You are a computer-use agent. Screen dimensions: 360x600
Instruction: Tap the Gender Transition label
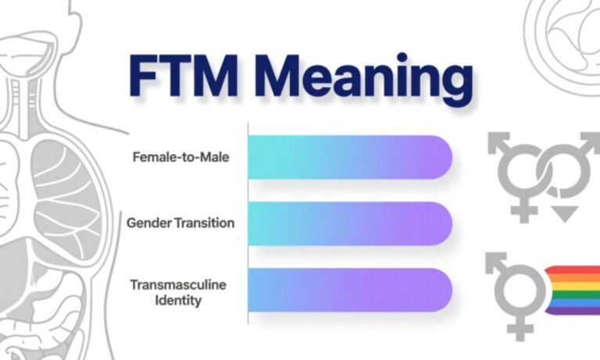coord(180,223)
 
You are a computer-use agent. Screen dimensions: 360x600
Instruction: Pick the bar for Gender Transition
coord(350,223)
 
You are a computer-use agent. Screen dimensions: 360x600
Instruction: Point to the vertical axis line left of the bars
coord(248,226)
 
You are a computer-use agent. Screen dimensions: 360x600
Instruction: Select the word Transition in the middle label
coord(205,223)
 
